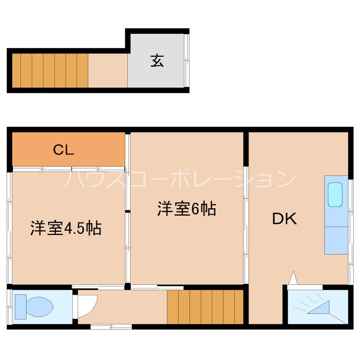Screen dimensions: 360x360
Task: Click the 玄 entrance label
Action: click(157, 61)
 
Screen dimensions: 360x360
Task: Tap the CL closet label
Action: click(63, 150)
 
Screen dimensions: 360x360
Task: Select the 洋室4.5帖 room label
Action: click(66, 228)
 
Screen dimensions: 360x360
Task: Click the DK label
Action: click(284, 219)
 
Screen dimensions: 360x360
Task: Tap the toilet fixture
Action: click(33, 306)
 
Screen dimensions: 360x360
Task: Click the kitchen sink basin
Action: click(335, 194)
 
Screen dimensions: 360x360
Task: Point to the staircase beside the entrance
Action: click(49, 70)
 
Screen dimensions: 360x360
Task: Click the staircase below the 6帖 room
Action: click(205, 306)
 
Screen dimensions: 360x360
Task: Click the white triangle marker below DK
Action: click(292, 278)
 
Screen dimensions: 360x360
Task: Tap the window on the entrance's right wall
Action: click(187, 61)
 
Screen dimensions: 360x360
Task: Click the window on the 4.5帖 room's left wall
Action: click(9, 225)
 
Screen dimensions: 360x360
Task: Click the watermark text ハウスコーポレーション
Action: click(180, 180)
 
